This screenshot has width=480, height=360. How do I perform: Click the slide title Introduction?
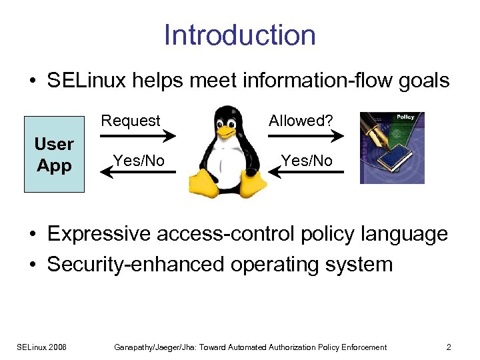[x=239, y=35]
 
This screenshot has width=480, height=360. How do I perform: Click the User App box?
[x=54, y=154]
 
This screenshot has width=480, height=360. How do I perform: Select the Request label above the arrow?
[x=131, y=121]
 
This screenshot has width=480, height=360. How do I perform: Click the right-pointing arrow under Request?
[x=138, y=136]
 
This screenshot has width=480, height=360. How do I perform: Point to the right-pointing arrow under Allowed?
[x=306, y=136]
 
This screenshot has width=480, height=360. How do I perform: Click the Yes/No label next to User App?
[x=138, y=160]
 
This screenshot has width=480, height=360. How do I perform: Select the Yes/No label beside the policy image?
[x=307, y=160]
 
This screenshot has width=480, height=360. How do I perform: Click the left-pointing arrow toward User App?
[x=138, y=173]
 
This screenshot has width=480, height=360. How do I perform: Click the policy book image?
[x=391, y=148]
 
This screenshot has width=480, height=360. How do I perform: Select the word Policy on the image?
[x=405, y=117]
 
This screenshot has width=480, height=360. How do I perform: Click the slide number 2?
[x=449, y=347]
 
